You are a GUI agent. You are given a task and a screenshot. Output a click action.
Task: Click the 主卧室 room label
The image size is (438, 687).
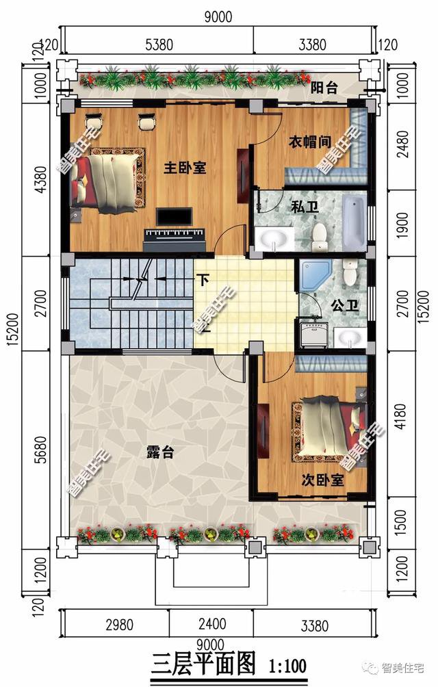[185, 168]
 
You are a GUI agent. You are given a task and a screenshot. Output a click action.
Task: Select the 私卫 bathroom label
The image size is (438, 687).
[303, 206]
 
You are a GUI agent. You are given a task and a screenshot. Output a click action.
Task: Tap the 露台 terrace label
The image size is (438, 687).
[159, 452]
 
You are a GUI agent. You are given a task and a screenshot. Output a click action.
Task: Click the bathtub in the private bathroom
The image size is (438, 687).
[354, 223]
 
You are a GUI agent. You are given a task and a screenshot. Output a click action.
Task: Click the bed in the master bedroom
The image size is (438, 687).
[109, 181]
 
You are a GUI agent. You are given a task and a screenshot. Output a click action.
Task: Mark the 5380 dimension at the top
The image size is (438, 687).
[159, 45]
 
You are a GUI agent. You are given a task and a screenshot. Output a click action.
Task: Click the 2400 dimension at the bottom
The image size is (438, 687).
[211, 625]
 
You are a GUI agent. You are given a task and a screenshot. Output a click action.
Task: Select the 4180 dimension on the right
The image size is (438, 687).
[403, 414]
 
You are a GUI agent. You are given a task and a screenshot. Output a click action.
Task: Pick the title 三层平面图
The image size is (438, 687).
[203, 664]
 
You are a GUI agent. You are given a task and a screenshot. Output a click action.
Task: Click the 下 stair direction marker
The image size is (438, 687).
[203, 279]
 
